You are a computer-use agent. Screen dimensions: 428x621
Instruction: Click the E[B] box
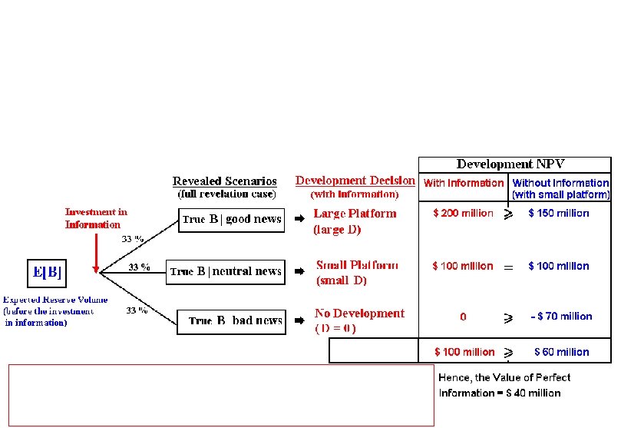point(45,271)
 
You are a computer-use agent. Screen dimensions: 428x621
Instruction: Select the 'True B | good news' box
point(231,220)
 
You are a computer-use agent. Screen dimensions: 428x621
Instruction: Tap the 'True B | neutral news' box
point(226,271)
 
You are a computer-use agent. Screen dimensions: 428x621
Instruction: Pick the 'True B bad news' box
point(231,320)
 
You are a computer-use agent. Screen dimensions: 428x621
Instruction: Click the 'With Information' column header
point(464,183)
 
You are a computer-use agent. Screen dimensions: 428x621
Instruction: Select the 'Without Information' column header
point(560,188)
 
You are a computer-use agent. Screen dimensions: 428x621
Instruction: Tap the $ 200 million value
point(463,213)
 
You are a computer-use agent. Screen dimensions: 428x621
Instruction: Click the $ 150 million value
point(559,213)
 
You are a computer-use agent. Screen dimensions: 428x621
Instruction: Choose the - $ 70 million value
point(560,316)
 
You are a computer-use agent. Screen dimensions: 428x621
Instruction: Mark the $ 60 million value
point(562,352)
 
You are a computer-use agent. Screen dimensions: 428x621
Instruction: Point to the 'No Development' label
point(359,314)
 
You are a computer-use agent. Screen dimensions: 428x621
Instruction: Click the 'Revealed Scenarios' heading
point(224,181)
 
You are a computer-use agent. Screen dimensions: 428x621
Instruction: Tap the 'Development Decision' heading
point(355,181)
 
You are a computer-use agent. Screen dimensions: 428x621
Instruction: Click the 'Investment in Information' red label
point(96,218)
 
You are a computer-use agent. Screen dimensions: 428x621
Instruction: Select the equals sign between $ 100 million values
point(508,267)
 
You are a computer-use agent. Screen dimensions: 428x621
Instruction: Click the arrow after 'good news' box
point(300,220)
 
